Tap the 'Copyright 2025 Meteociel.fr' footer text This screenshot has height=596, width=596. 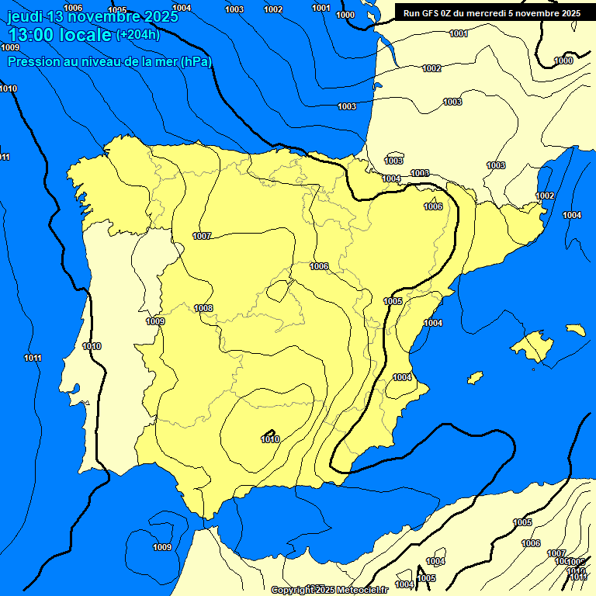pyautogui.click(x=329, y=590)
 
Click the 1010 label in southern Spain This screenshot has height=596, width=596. pyautogui.click(x=270, y=439)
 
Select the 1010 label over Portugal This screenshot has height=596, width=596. pyautogui.click(x=92, y=346)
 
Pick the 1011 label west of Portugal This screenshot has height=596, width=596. pyautogui.click(x=33, y=358)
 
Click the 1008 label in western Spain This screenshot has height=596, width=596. pyautogui.click(x=203, y=308)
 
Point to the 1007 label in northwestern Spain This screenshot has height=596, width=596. pyautogui.click(x=202, y=236)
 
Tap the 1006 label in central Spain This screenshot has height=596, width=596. pyautogui.click(x=319, y=266)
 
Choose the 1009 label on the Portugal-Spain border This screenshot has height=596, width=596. pyautogui.click(x=155, y=321)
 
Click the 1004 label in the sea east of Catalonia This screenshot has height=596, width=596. pyautogui.click(x=572, y=215)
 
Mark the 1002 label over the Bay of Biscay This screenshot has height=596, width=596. pyautogui.click(x=431, y=68)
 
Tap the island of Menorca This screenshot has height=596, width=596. pyautogui.click(x=575, y=330)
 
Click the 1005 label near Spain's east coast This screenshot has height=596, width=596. pyautogui.click(x=393, y=301)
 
